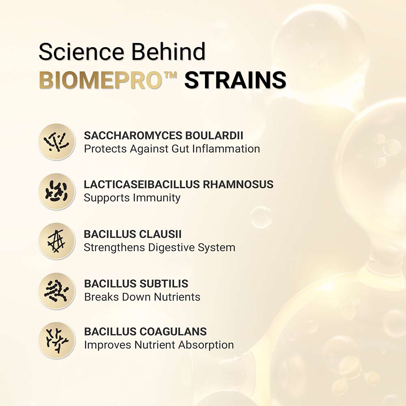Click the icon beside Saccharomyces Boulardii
57,142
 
